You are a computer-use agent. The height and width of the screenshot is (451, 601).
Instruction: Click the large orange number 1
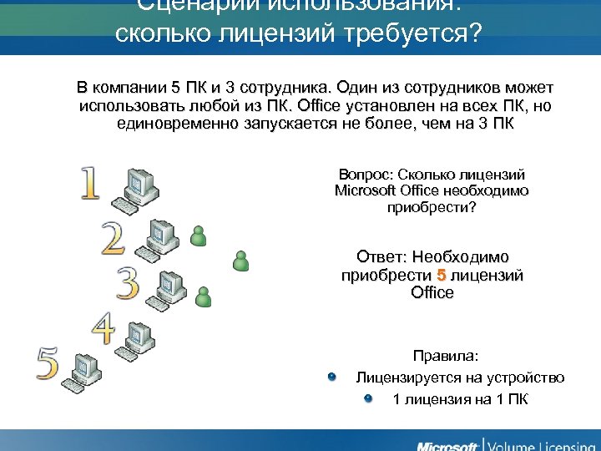91,184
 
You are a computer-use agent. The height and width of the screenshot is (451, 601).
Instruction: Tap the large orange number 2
114,239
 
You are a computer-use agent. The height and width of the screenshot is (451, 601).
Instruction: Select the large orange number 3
128,284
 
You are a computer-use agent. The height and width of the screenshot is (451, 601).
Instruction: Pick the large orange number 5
48,363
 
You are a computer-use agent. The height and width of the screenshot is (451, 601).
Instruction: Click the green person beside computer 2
198,236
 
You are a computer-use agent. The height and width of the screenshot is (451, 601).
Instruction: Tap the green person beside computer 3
203,295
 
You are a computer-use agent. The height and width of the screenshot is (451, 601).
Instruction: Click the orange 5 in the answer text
442,275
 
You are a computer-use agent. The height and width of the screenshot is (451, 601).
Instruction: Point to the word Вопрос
365,175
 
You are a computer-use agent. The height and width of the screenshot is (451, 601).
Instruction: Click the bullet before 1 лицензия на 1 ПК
369,398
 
